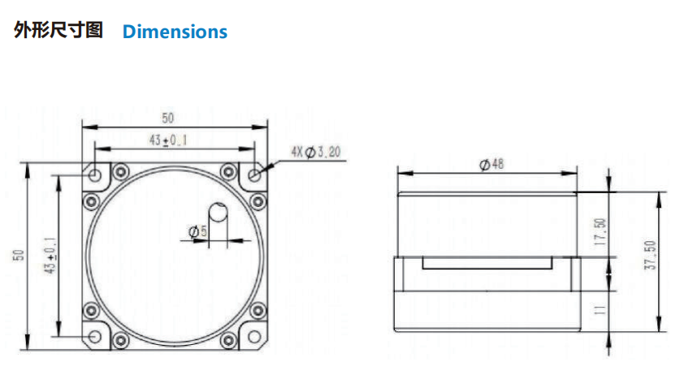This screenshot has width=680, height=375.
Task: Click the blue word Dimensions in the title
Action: click(175, 32)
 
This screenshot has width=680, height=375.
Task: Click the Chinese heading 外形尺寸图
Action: click(58, 30)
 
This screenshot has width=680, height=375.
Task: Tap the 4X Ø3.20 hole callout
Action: click(316, 152)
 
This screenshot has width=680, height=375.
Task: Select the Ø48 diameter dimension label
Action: click(492, 164)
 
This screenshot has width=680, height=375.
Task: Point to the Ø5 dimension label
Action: click(197, 231)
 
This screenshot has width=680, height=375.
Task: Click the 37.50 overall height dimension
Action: click(650, 255)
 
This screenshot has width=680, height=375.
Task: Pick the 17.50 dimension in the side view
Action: click(600, 232)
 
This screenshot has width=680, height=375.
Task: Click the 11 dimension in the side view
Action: click(600, 309)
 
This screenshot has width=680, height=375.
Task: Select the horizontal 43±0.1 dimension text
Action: click(168, 140)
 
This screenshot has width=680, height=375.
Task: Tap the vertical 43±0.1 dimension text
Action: click(50, 256)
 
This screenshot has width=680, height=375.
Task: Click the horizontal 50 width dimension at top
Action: click(168, 118)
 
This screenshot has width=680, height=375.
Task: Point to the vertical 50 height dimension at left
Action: click(19, 255)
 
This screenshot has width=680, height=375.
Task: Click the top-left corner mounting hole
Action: click(95, 175)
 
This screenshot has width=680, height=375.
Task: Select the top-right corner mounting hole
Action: click(254, 175)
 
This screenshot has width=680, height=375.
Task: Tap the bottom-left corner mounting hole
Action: click(95, 336)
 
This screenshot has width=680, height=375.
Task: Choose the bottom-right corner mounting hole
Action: click(254, 336)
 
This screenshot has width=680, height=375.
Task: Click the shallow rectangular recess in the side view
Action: click(487, 263)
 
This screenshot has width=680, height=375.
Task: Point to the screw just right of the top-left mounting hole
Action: click(121, 172)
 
